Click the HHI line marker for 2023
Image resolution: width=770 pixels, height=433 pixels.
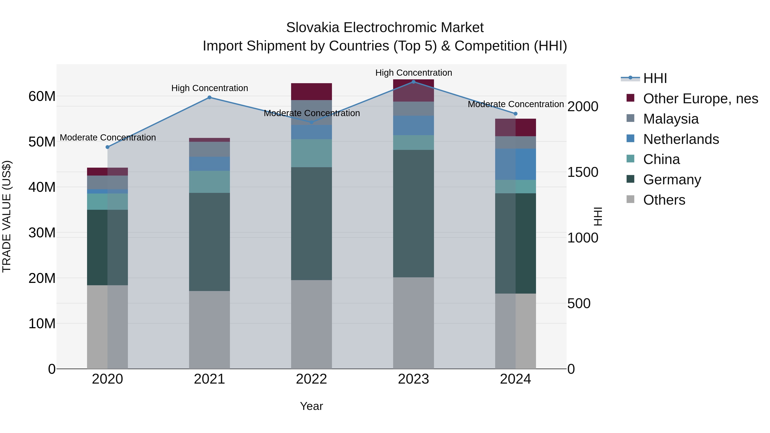click(413, 82)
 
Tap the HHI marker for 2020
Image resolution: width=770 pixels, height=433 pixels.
click(108, 147)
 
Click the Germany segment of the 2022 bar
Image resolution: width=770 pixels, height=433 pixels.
click(311, 223)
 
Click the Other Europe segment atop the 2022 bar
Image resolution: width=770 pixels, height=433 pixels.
click(311, 92)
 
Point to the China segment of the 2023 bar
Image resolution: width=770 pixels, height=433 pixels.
click(413, 143)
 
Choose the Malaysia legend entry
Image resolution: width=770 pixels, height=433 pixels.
click(671, 119)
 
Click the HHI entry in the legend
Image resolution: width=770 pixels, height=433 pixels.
click(655, 78)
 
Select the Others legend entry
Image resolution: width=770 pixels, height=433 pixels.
click(664, 200)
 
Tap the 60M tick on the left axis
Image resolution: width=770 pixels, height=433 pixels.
click(42, 96)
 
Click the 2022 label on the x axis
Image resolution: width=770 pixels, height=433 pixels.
click(311, 379)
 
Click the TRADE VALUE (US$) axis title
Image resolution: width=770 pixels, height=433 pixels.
click(7, 216)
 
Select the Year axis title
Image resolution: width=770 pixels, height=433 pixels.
click(311, 406)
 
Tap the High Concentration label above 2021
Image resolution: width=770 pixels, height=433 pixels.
click(210, 88)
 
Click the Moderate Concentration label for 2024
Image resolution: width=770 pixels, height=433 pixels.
click(516, 104)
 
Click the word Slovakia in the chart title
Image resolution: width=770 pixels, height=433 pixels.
click(313, 28)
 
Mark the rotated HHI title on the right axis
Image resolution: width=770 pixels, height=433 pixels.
click(598, 216)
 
